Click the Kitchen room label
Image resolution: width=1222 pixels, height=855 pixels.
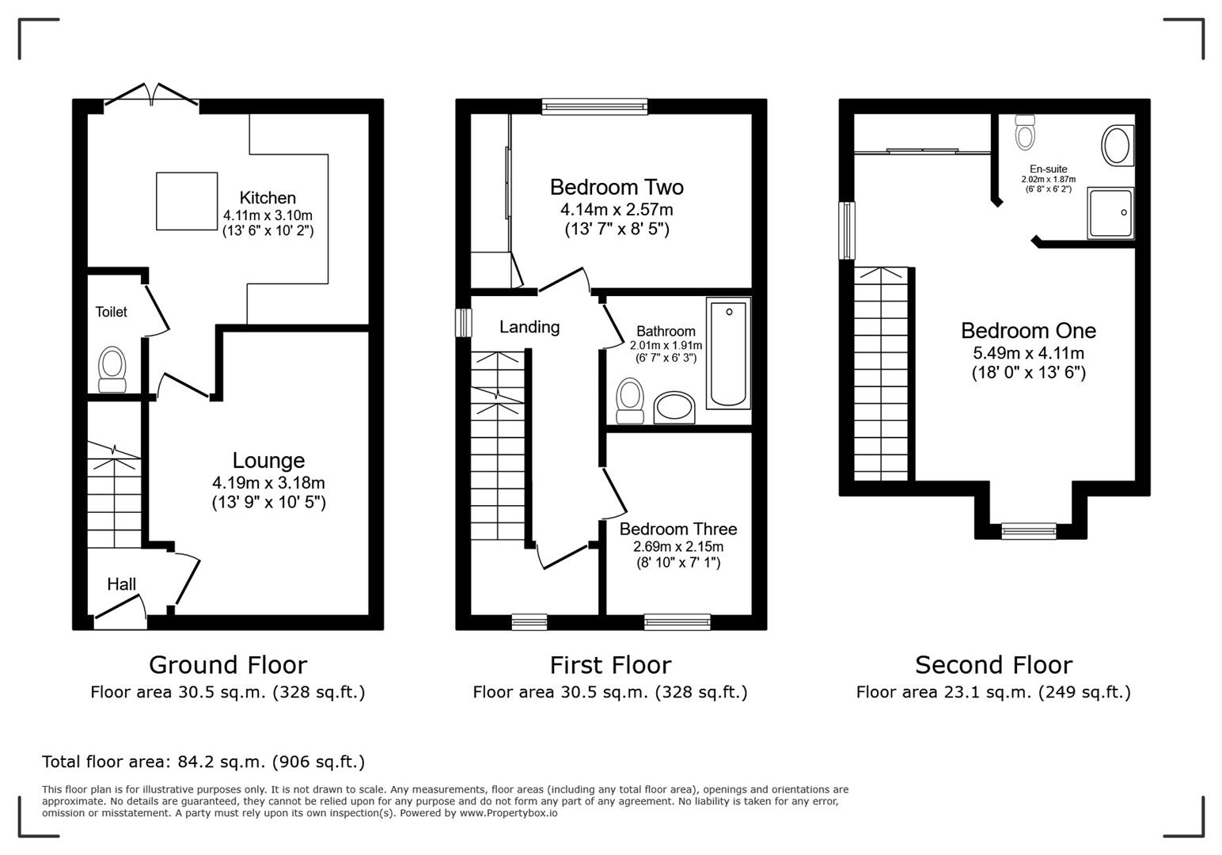click(x=268, y=198)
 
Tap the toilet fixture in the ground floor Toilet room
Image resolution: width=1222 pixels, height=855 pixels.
click(x=112, y=369)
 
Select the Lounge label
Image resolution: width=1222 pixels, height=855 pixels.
click(x=268, y=461)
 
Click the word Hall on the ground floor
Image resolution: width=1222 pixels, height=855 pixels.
click(x=121, y=584)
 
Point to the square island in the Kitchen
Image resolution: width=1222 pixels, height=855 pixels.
click(x=187, y=201)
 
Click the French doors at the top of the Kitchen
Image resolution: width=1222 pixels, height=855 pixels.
click(x=152, y=94)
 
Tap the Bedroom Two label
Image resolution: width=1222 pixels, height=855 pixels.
click(x=617, y=188)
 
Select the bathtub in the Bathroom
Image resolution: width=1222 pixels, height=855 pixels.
click(x=729, y=353)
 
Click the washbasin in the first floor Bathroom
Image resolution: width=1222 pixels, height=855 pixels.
click(x=674, y=407)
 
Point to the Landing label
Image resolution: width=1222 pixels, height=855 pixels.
click(x=529, y=327)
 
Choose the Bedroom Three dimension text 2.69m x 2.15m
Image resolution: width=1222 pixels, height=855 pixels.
click(x=678, y=547)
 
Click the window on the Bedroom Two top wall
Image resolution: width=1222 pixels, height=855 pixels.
click(x=594, y=106)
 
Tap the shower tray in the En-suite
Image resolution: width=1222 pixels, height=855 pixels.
click(x=1110, y=213)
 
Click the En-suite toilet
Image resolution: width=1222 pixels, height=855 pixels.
click(x=1025, y=131)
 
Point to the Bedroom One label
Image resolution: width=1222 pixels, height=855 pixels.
click(x=1028, y=331)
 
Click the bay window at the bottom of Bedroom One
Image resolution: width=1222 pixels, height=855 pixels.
click(x=1029, y=531)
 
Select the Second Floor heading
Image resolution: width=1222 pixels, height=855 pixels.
click(x=993, y=665)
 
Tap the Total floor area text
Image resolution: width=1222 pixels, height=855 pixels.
click(x=203, y=762)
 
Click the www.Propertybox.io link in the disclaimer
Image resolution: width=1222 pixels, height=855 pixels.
click(x=508, y=813)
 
